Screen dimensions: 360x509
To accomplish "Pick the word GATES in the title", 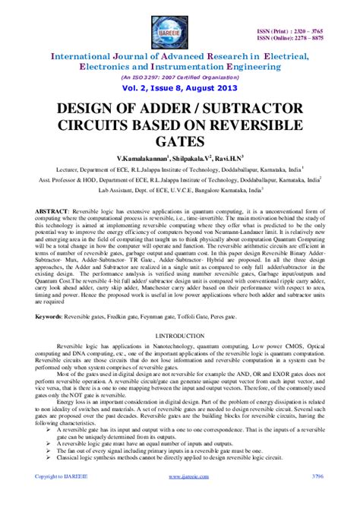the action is pyautogui.click(x=179, y=141).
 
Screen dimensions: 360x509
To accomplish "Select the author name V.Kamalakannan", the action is pyautogui.click(x=147, y=156).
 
